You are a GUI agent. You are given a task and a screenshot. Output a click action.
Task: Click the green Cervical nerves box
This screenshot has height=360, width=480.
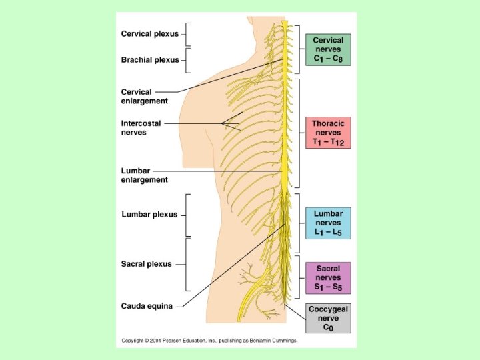[x=328, y=50]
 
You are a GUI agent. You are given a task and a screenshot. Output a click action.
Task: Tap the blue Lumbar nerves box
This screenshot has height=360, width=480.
[x=328, y=223]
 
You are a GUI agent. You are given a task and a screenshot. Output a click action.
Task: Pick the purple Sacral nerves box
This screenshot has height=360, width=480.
[x=328, y=278]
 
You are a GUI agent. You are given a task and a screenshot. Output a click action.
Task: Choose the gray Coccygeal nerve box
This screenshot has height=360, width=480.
[x=328, y=318]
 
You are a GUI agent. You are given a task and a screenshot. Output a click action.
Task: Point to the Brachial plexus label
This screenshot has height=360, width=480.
[x=150, y=59]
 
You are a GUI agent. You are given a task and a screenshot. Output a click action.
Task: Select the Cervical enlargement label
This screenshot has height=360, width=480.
[x=145, y=96]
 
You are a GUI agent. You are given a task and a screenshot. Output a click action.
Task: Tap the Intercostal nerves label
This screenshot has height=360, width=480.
[x=141, y=127]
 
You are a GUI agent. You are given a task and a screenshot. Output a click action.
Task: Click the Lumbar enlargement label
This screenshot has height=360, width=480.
[x=145, y=175]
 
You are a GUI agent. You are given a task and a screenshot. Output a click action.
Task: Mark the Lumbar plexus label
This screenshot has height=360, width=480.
[x=149, y=215]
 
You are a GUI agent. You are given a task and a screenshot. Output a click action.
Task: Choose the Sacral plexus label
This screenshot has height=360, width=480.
[x=147, y=264]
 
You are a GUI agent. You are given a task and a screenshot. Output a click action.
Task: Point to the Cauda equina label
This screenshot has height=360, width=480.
[x=147, y=307]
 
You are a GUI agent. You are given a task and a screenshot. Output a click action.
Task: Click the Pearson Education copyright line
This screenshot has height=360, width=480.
[x=209, y=340]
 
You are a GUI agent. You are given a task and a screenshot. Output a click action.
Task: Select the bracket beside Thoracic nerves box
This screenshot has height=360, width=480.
[x=301, y=133]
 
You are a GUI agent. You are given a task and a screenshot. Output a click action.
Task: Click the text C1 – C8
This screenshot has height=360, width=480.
[x=328, y=59]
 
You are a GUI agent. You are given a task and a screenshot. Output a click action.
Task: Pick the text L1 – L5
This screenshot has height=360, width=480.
[x=328, y=232]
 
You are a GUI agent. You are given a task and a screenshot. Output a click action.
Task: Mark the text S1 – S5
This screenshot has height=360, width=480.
[x=328, y=287]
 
